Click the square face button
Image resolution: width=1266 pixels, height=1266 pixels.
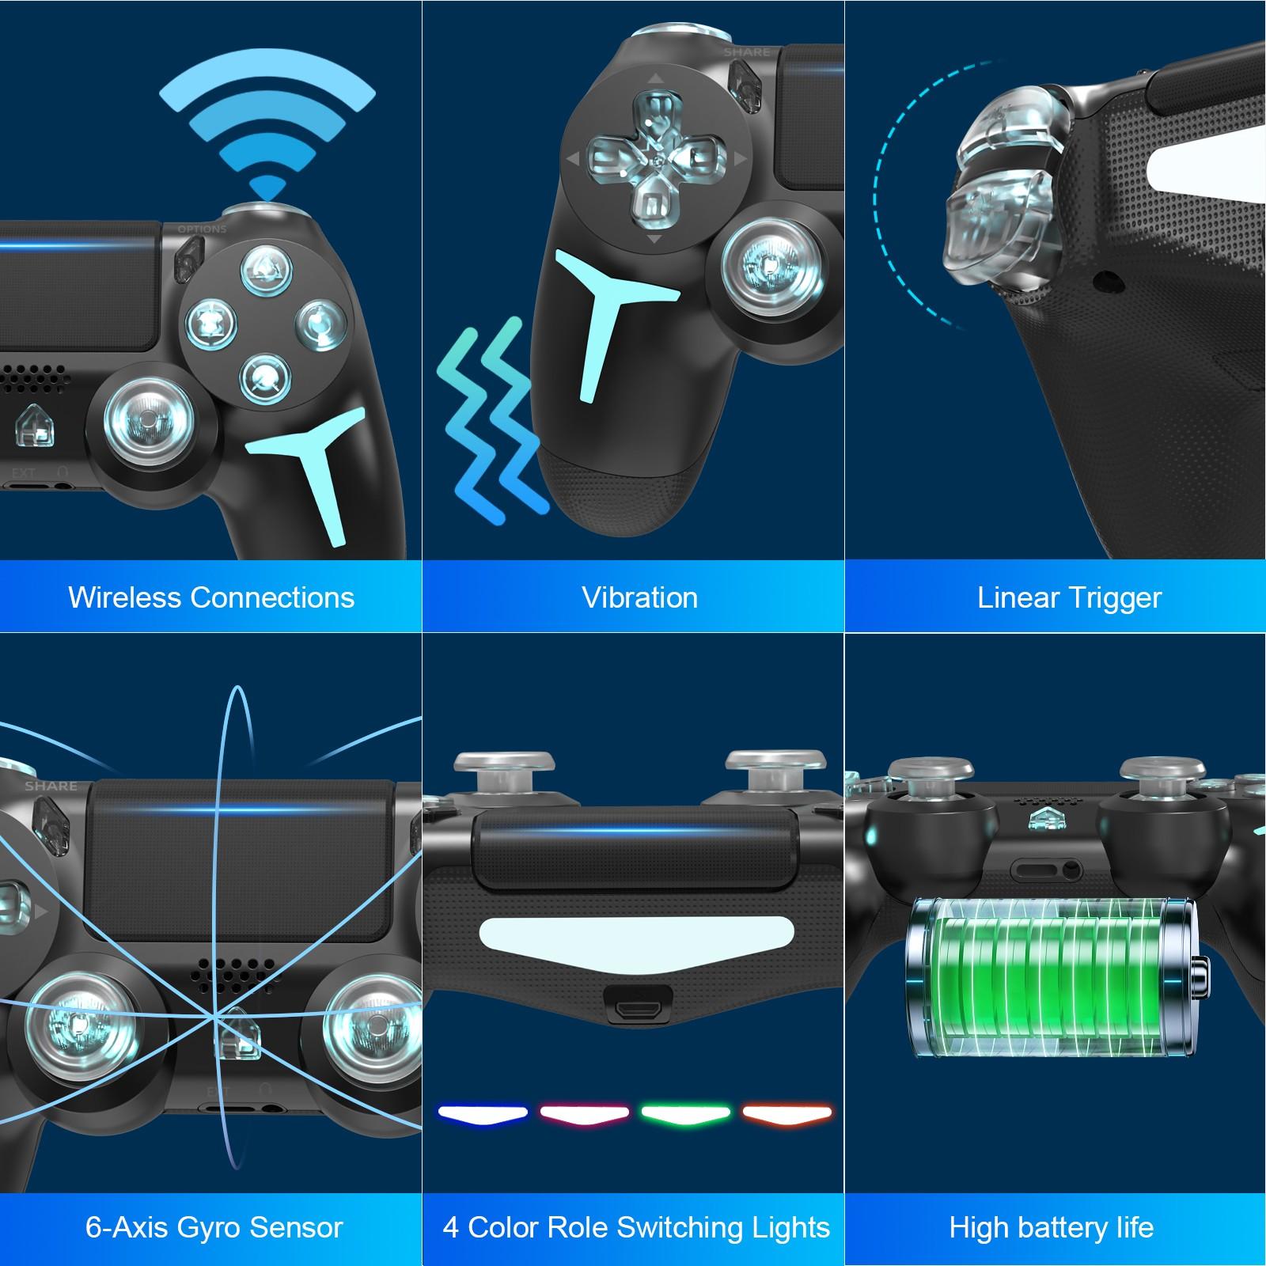click(x=211, y=323)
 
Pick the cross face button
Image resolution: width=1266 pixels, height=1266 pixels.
click(x=266, y=375)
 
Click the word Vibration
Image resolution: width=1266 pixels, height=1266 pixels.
click(x=639, y=597)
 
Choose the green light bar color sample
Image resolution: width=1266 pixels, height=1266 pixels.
click(x=686, y=1114)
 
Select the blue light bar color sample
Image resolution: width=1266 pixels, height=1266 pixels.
click(x=483, y=1114)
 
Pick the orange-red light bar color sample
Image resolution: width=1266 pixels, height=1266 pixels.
click(x=787, y=1114)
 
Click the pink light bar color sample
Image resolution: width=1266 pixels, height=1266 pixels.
click(x=584, y=1114)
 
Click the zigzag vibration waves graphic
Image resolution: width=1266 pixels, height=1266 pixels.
click(x=491, y=419)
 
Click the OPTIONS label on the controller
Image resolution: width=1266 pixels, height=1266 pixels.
click(x=202, y=229)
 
